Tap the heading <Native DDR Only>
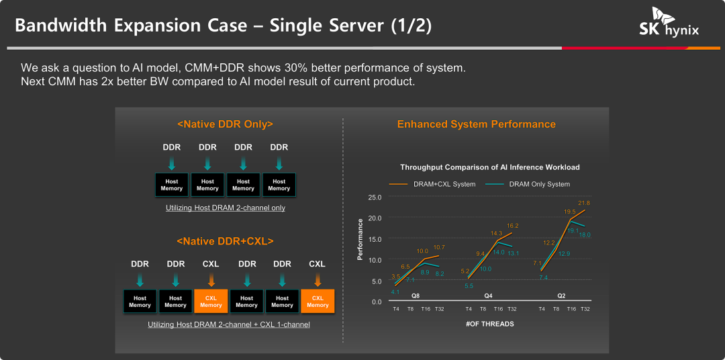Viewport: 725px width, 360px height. (x=225, y=124)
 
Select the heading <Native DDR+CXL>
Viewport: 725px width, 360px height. (x=225, y=241)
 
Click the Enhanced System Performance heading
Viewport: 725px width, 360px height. (x=477, y=124)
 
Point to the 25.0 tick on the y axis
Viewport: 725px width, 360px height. (x=375, y=197)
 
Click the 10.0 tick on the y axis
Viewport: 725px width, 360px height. (x=375, y=260)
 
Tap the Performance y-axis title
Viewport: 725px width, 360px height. (x=360, y=240)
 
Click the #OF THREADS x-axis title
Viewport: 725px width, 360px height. (x=489, y=324)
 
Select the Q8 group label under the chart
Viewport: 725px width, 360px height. (x=416, y=296)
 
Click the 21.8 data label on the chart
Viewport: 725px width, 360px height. (x=584, y=203)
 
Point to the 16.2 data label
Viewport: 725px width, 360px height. (x=512, y=226)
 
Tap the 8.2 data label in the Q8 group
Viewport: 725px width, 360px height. (x=440, y=274)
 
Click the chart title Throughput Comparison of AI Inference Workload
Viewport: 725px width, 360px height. (x=489, y=167)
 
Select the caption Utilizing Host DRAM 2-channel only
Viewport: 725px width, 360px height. (x=226, y=208)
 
